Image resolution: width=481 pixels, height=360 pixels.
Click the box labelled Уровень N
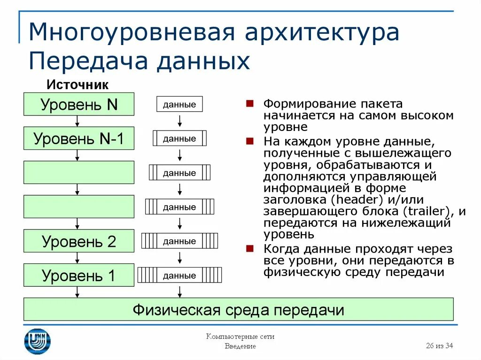[x=79, y=104]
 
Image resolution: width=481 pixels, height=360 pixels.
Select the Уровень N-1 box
[x=79, y=138]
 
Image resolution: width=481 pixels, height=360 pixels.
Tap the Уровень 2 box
[x=79, y=241]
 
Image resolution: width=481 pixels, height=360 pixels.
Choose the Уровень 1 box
[x=79, y=276]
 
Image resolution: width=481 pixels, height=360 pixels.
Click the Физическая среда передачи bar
[x=239, y=310]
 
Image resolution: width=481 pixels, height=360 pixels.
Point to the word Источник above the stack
[x=78, y=85]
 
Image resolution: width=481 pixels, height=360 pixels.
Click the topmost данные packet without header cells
[x=179, y=104]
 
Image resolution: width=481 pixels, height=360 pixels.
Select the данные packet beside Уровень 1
[x=179, y=276]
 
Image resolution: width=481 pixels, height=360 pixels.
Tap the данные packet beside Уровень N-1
[x=179, y=138]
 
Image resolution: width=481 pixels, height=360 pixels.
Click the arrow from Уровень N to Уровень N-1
[x=78, y=121]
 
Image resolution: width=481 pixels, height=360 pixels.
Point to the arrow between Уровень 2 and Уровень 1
[x=78, y=258]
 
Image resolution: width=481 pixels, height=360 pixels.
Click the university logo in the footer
[x=38, y=341]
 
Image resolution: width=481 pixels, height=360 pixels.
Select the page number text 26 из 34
[x=439, y=346]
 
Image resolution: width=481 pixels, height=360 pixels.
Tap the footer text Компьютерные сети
[x=240, y=337]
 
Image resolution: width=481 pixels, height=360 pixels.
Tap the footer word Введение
[x=240, y=346]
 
